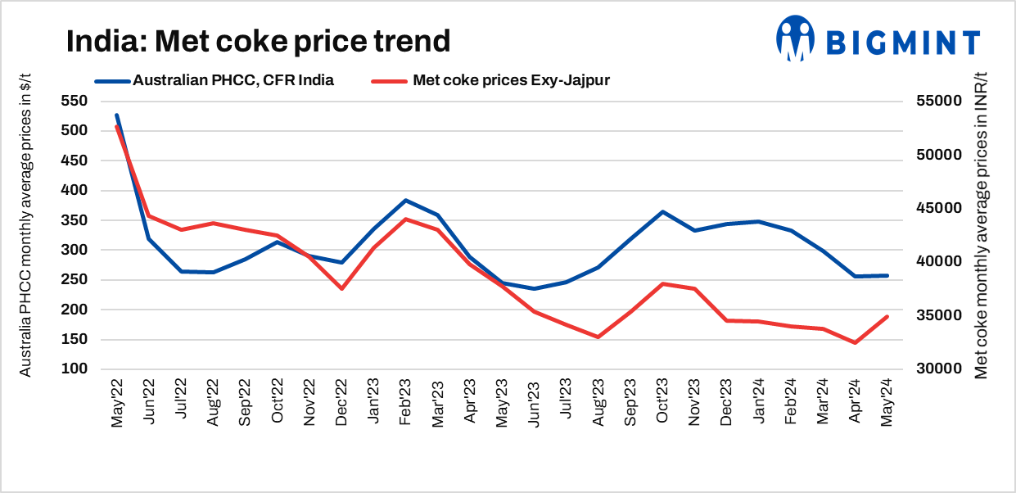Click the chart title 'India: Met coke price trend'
[x=258, y=41]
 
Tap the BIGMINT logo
[x=878, y=38]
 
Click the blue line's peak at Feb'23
[x=405, y=200]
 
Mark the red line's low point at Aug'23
[x=598, y=337]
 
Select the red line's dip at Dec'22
[x=341, y=289]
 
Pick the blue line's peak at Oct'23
[x=662, y=211]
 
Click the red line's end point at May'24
[x=887, y=316]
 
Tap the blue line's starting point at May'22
[x=117, y=115]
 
